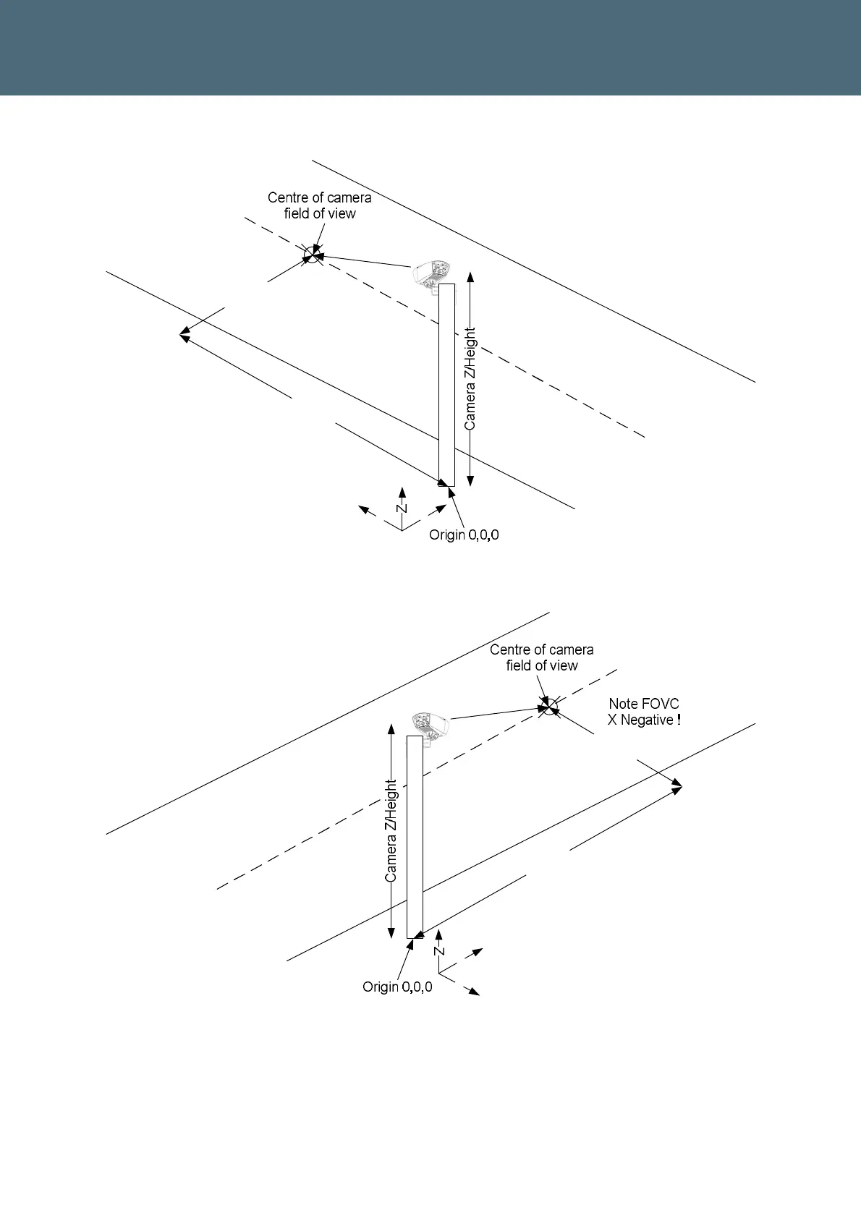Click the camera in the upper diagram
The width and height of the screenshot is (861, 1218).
tap(432, 273)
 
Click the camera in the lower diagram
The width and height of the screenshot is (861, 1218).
tap(430, 725)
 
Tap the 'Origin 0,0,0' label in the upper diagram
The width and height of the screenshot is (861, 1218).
tap(464, 535)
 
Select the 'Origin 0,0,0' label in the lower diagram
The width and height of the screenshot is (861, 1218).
tap(397, 987)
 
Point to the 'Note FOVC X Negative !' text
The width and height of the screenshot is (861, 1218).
tap(644, 712)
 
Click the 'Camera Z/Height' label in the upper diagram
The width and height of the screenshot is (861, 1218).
tap(470, 379)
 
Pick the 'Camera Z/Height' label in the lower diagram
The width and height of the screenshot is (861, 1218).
tap(391, 830)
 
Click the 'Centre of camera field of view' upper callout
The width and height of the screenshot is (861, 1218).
tap(320, 205)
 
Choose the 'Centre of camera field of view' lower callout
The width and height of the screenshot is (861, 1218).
tap(542, 657)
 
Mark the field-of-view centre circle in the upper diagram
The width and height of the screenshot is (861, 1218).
tap(311, 255)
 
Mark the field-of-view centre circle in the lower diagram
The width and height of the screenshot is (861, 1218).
tap(549, 705)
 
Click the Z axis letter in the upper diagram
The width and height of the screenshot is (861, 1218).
tap(402, 508)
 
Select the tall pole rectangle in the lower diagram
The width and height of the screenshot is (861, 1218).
tap(415, 837)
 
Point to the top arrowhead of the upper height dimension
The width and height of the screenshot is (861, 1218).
tap(470, 277)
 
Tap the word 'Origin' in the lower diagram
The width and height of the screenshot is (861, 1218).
tap(381, 987)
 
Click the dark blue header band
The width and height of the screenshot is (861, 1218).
tap(430, 47)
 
